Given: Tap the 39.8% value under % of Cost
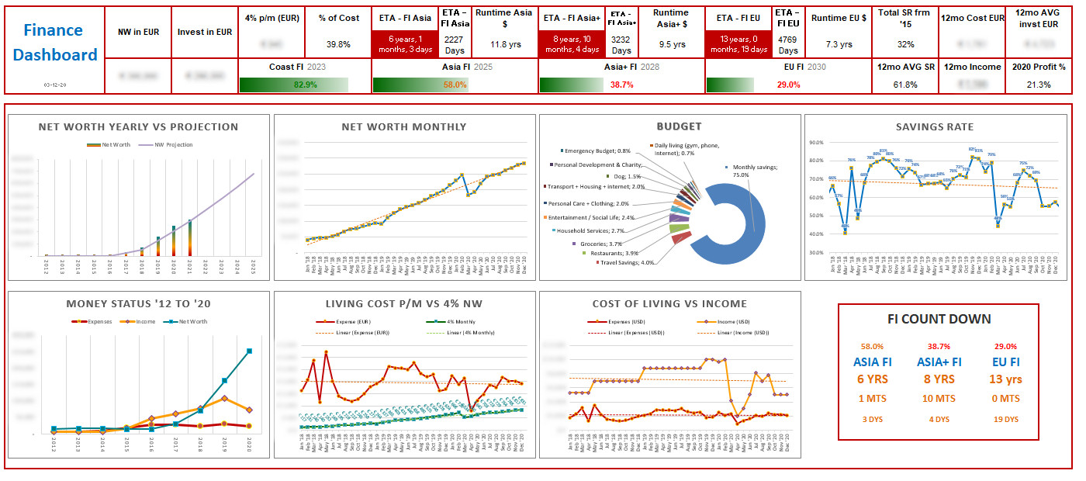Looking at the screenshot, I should point(338,44).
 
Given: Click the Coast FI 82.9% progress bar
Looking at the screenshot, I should point(294,85).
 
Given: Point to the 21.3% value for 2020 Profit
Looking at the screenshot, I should point(1039,85).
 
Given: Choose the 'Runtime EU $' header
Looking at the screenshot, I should point(839,18).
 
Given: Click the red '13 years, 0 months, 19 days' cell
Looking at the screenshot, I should point(738,44).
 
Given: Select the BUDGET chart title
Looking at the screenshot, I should point(679,126).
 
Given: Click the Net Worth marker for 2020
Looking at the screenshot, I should point(249,351).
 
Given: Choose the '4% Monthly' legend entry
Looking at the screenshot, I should point(451,321).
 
